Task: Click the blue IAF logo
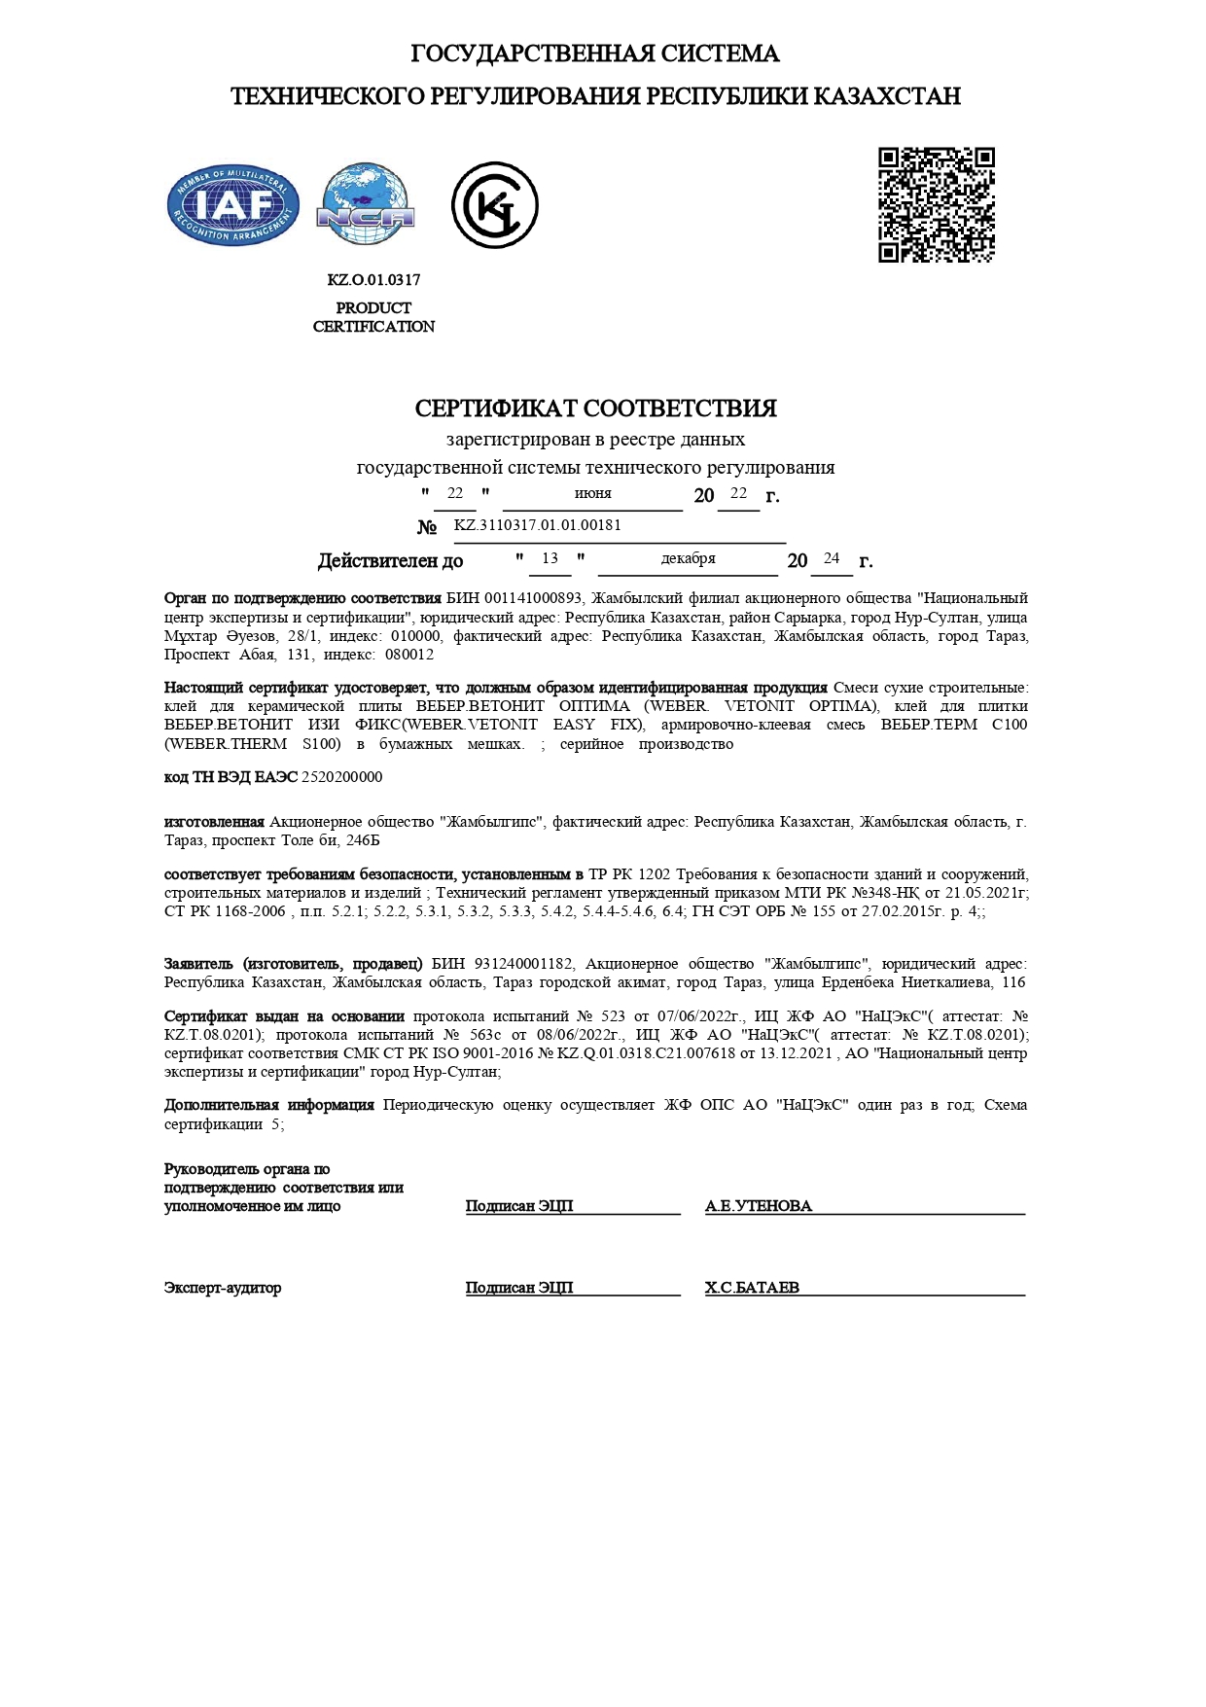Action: (232, 205)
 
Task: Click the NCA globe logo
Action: (366, 204)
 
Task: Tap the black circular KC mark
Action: (494, 205)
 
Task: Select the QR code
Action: (936, 205)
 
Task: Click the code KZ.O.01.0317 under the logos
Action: (373, 280)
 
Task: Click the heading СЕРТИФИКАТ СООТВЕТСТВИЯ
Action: (595, 409)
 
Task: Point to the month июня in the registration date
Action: (592, 494)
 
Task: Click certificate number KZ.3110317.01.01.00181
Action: (537, 525)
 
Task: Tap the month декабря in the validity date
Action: (688, 558)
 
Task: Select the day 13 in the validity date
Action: (550, 558)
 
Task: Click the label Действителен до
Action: (390, 561)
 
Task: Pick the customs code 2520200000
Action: (342, 777)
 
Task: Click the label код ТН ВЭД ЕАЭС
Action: (231, 777)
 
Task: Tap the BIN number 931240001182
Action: (523, 964)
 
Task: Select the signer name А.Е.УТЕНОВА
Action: (758, 1206)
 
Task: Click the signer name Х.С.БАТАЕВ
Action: (752, 1288)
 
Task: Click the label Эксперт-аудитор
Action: (223, 1288)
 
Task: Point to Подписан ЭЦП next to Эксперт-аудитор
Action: (519, 1288)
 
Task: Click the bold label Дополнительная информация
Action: (269, 1105)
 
